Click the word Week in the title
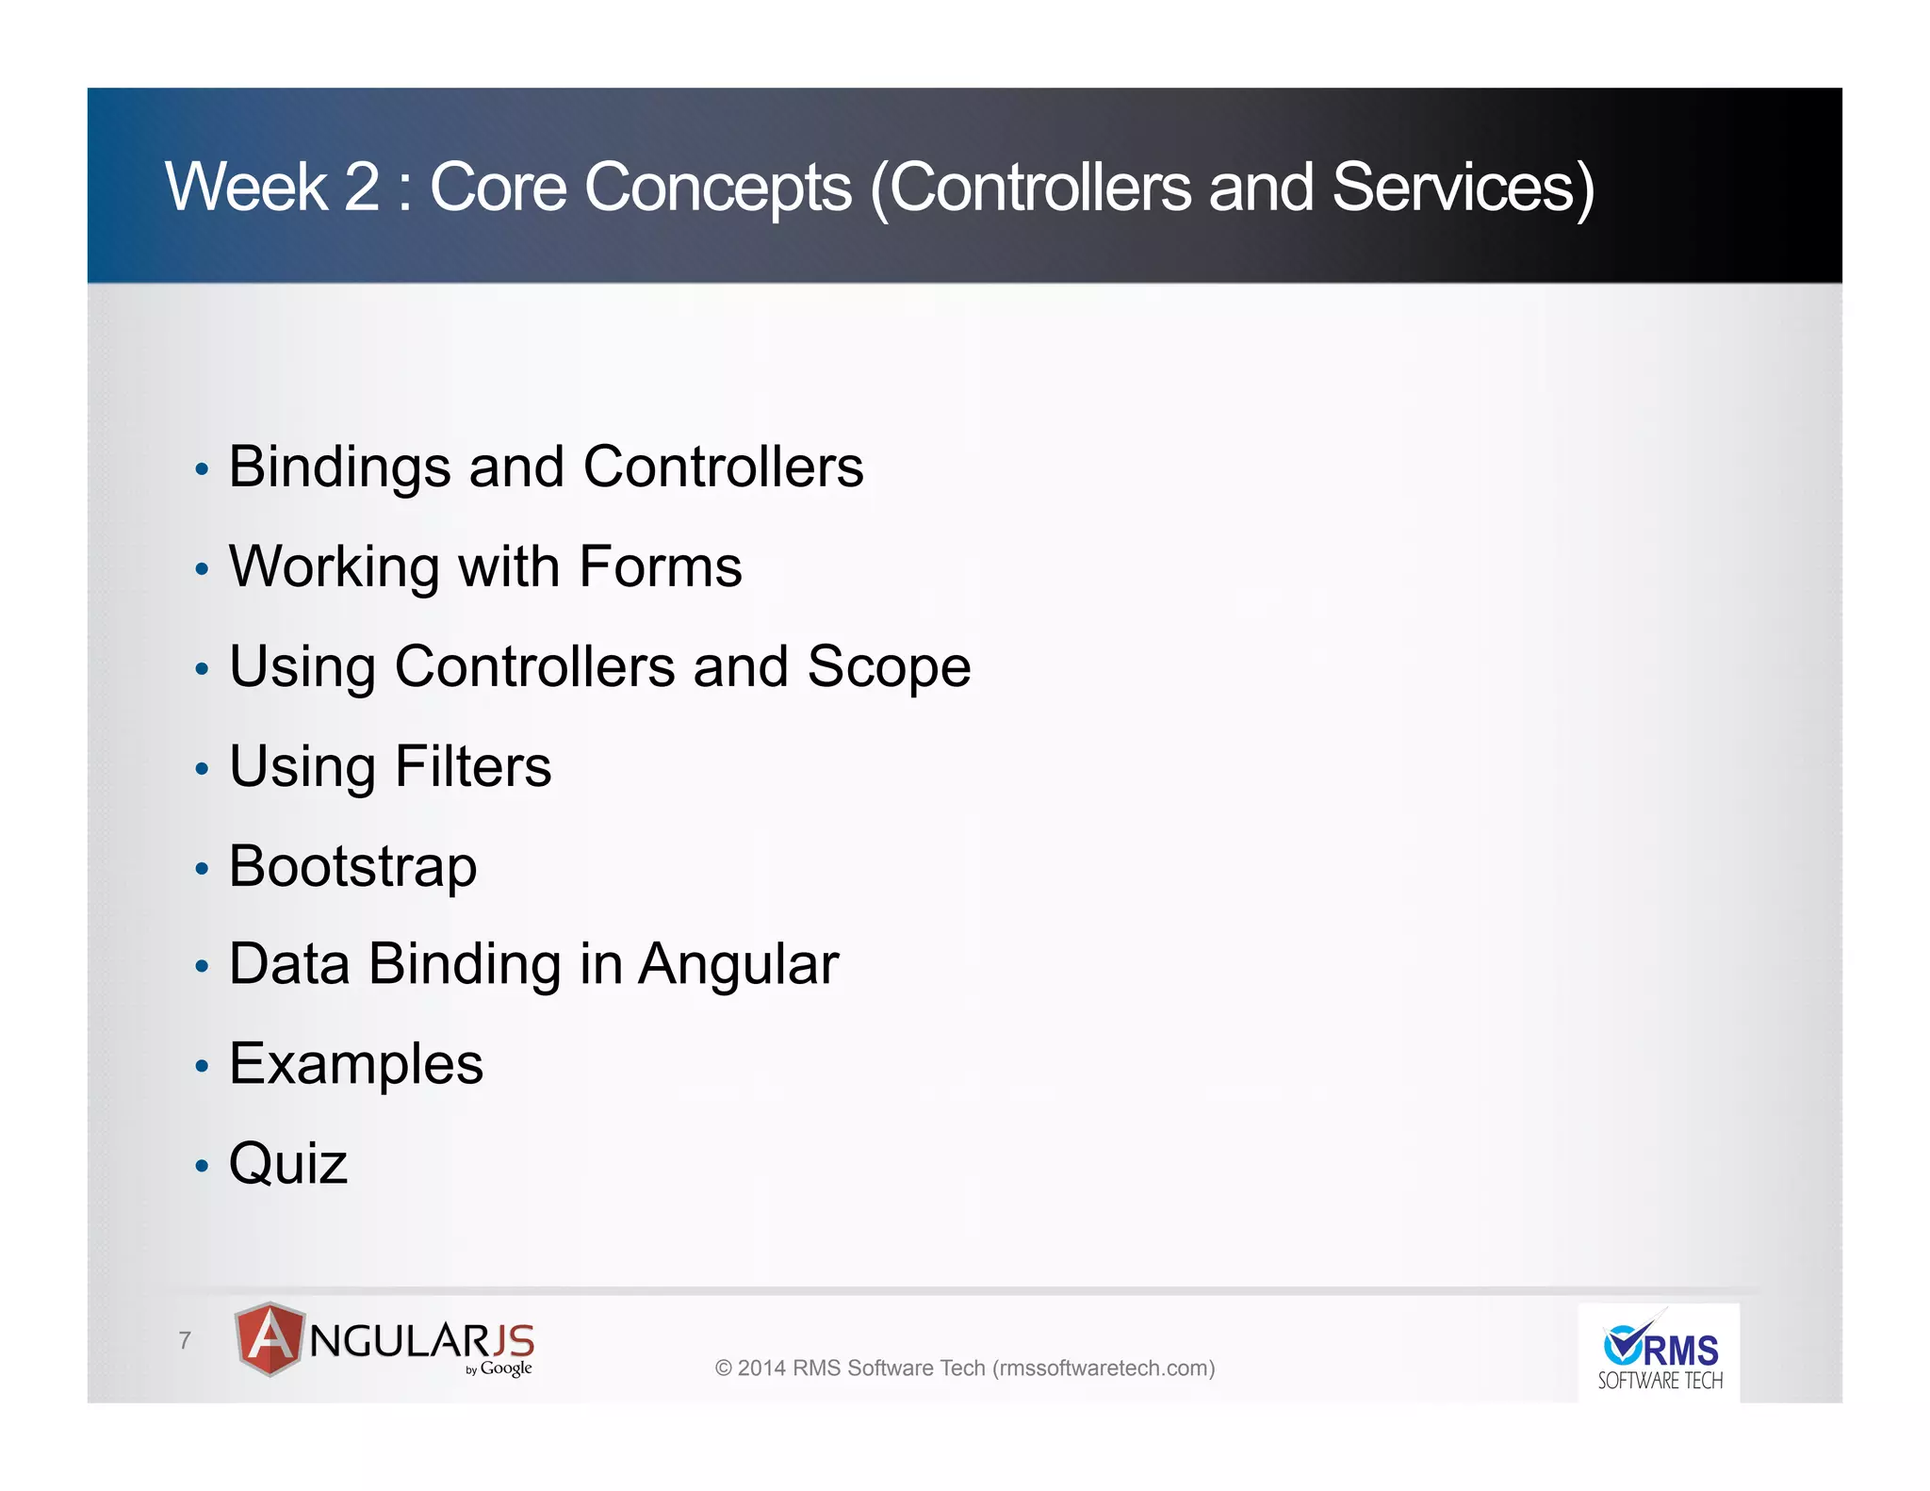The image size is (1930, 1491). tap(246, 188)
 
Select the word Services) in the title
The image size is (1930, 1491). tap(1463, 188)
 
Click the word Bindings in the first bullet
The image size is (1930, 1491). tap(339, 467)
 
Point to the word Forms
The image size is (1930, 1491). tap(660, 566)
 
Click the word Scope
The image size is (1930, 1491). tap(888, 667)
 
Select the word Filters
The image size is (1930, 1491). tap(472, 766)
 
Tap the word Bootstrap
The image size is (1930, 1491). tap(352, 866)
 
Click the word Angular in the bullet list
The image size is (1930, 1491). tap(738, 965)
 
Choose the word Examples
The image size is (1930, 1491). tap(355, 1064)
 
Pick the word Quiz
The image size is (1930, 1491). tap(287, 1164)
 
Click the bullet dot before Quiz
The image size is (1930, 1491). tap(201, 1167)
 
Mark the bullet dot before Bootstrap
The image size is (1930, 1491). tap(201, 868)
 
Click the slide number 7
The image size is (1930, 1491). tap(185, 1340)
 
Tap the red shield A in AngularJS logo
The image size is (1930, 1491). tap(270, 1338)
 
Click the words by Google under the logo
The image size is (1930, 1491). tap(499, 1368)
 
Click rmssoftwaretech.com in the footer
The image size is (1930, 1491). tap(1104, 1368)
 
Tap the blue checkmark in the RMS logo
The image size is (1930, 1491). tap(1624, 1343)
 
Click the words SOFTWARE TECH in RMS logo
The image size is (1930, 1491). tap(1660, 1382)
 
